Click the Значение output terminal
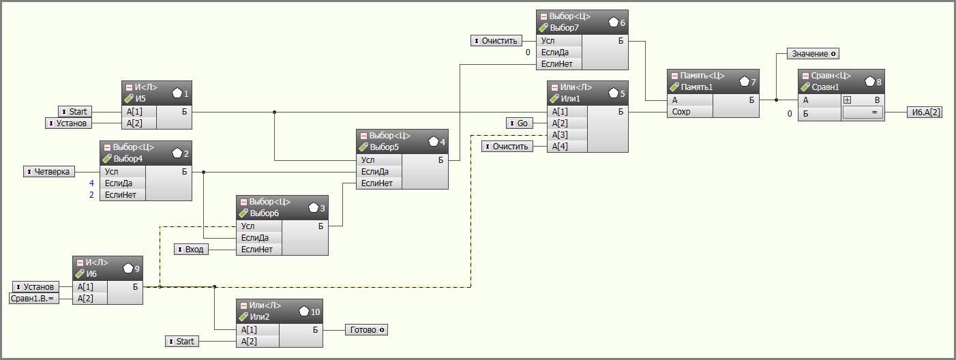(813, 54)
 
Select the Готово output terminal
(367, 330)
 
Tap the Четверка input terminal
(49, 171)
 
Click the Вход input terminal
(191, 249)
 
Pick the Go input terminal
(520, 123)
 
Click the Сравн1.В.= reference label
(34, 299)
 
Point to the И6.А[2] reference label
(925, 112)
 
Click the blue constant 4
(91, 183)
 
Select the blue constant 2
(91, 194)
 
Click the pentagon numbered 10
(304, 312)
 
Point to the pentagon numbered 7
(745, 81)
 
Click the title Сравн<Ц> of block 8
(831, 76)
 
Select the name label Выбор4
(128, 159)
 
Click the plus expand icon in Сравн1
(847, 100)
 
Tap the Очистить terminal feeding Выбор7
(496, 40)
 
